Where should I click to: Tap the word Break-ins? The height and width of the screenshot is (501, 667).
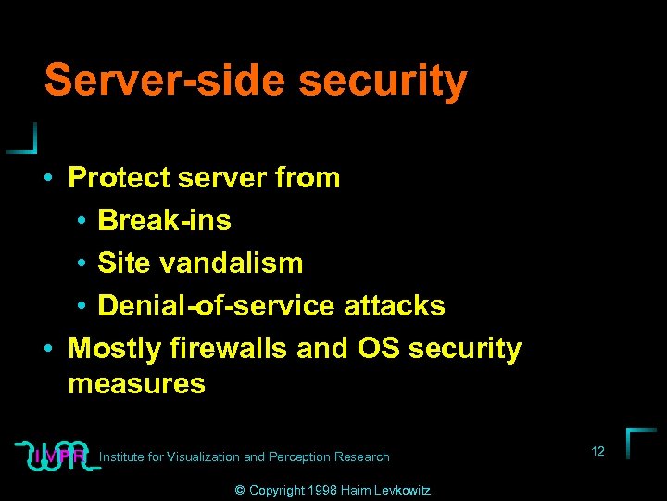tap(164, 220)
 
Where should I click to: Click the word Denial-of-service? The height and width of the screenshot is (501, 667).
tap(217, 305)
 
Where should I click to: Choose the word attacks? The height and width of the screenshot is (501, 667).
tap(395, 305)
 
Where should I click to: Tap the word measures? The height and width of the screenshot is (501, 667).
tap(136, 383)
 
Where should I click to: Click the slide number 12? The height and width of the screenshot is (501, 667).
tap(598, 451)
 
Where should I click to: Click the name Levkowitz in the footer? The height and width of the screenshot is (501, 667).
tap(403, 490)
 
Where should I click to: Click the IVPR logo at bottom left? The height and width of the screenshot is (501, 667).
tap(57, 455)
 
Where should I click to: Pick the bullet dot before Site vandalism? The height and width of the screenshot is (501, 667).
tap(82, 263)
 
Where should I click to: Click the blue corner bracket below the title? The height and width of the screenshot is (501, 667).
tap(25, 139)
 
